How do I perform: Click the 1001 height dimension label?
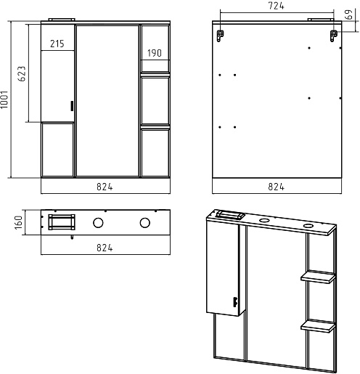(4, 99)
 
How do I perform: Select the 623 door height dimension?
(22, 73)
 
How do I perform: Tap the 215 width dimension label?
(57, 44)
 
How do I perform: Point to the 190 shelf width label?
(155, 53)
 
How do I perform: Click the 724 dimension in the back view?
(277, 6)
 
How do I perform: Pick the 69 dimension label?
(349, 15)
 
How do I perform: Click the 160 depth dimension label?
(19, 222)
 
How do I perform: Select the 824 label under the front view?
(105, 187)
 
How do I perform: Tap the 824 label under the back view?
(277, 187)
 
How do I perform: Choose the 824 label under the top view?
(105, 248)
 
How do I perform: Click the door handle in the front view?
(72, 106)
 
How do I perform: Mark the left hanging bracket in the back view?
(220, 36)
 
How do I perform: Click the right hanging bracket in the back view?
(334, 36)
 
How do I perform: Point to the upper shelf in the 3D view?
(318, 277)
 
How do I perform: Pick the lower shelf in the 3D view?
(318, 326)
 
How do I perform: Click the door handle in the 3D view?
(234, 302)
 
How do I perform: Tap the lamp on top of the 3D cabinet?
(231, 215)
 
